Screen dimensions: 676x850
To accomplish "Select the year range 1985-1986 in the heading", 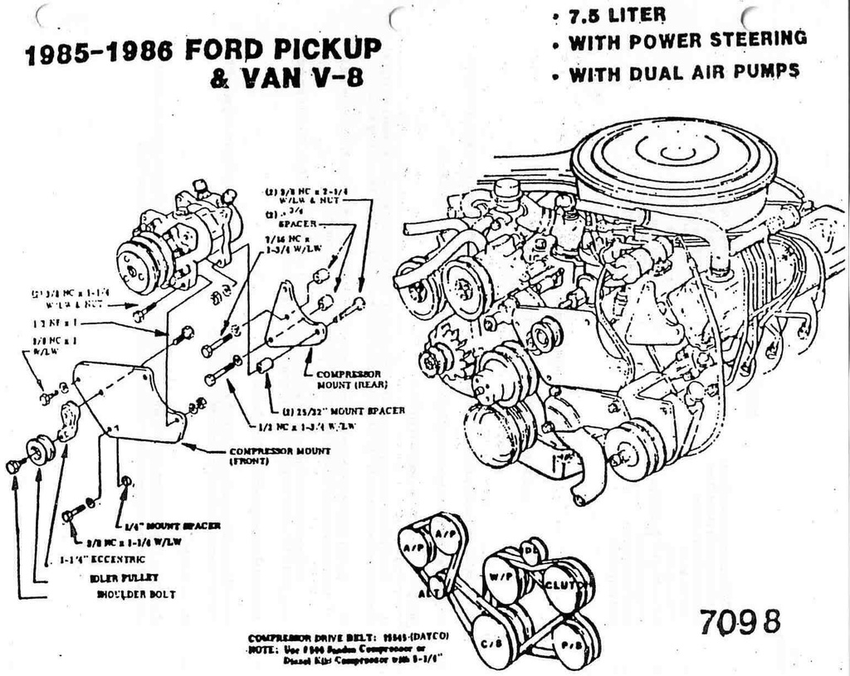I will coord(99,53).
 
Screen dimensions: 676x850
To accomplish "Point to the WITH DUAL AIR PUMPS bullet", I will coord(683,73).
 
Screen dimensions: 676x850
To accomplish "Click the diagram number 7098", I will coord(740,621).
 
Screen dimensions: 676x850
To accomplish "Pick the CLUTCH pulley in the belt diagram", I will coord(567,584).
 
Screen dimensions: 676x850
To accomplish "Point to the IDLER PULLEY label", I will coord(125,577).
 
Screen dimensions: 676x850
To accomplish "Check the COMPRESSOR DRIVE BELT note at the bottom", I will coord(349,637).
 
